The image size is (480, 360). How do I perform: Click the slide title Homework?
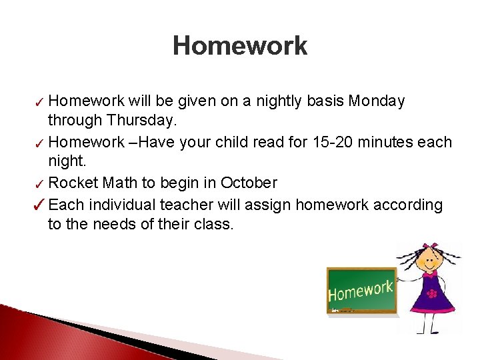coord(240,46)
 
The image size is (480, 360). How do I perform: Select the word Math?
coord(115,183)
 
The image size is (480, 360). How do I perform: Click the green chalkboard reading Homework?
coord(361,291)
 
